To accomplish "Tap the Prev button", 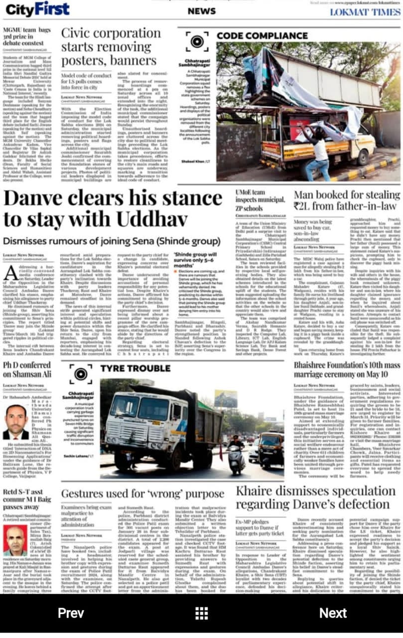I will (x=71, y=613).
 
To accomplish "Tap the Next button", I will (x=333, y=613).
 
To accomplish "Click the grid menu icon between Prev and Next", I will (x=201, y=613).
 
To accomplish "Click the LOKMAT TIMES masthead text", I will (x=365, y=12).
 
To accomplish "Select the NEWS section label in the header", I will (x=201, y=11).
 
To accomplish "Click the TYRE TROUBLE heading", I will (x=135, y=368).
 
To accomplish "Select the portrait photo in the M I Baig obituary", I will (x=16, y=541).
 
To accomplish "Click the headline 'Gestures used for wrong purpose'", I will (x=142, y=493).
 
